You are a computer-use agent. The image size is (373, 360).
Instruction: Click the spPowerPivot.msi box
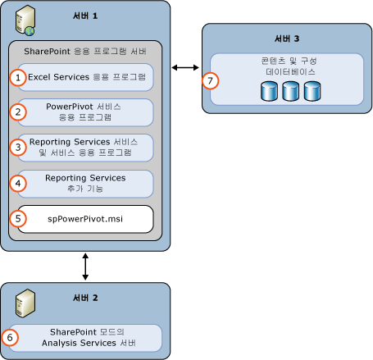click(x=86, y=219)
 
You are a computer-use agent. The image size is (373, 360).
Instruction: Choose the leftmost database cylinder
click(x=267, y=89)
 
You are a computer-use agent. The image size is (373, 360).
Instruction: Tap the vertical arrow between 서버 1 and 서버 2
click(x=85, y=267)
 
